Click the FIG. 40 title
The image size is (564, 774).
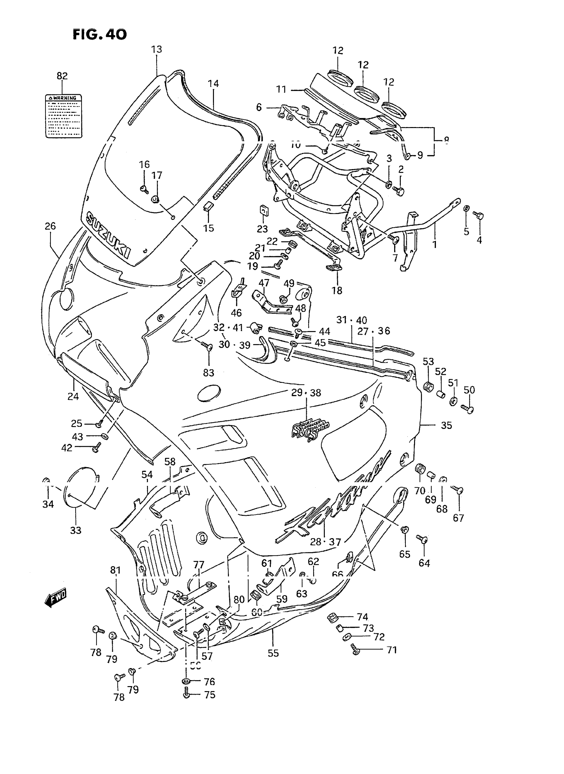click(100, 34)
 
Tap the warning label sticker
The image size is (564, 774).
click(64, 116)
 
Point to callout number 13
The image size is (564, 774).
click(157, 49)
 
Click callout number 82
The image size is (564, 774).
click(62, 76)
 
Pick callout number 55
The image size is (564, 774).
click(273, 653)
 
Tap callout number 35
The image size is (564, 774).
click(446, 425)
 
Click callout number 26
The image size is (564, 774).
click(50, 226)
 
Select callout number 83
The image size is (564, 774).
click(209, 373)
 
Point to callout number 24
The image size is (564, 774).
click(73, 396)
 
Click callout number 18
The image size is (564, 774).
click(337, 290)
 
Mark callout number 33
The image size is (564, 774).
click(76, 530)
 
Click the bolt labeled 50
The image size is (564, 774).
click(468, 409)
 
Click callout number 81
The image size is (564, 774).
click(115, 570)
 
